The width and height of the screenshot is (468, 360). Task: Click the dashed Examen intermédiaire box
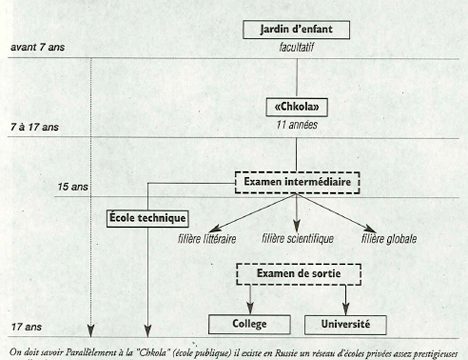coord(296,183)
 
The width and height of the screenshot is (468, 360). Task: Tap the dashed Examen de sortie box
coord(296,273)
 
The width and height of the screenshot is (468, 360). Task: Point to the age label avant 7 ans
coord(39,47)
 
